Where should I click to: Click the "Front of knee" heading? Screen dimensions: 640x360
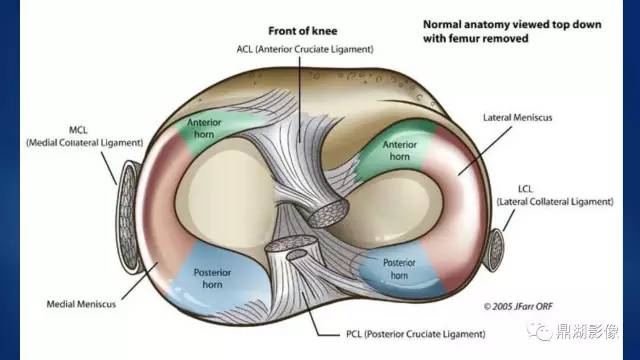coord(302,31)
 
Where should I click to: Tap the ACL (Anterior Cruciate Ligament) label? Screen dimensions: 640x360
coord(305,49)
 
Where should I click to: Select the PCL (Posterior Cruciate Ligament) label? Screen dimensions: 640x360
coord(416,334)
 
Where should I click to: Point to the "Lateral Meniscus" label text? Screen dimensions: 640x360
coord(517,118)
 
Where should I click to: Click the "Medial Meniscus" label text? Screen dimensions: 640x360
coord(81,304)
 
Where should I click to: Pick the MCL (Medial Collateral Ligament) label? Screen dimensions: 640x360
coord(84,137)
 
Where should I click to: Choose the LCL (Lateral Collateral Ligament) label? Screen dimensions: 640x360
coord(555,196)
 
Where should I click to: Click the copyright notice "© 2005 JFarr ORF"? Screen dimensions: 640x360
coord(518,307)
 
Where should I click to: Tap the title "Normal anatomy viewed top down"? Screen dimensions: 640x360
coord(512,24)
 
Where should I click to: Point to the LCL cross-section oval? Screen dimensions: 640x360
coord(495,250)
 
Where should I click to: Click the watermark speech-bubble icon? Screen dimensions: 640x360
coord(539,330)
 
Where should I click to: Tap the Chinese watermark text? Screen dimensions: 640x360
coord(587,331)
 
